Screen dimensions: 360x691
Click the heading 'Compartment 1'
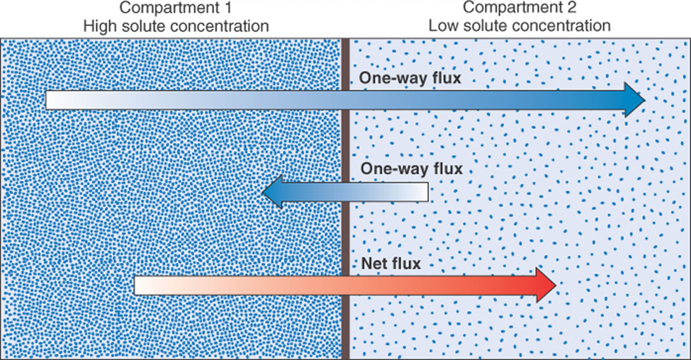(x=176, y=9)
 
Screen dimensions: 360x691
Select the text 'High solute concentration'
(x=176, y=26)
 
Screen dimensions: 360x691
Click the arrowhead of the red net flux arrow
(x=546, y=286)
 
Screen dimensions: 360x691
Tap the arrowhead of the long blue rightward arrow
(x=634, y=100)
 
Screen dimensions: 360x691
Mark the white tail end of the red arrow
(x=142, y=286)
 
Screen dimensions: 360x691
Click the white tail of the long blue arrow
(x=53, y=100)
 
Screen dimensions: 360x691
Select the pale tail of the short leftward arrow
(x=422, y=192)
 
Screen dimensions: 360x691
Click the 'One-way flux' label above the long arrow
(x=410, y=79)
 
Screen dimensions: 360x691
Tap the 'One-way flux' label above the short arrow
(x=411, y=169)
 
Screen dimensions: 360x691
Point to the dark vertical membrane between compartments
(x=346, y=213)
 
